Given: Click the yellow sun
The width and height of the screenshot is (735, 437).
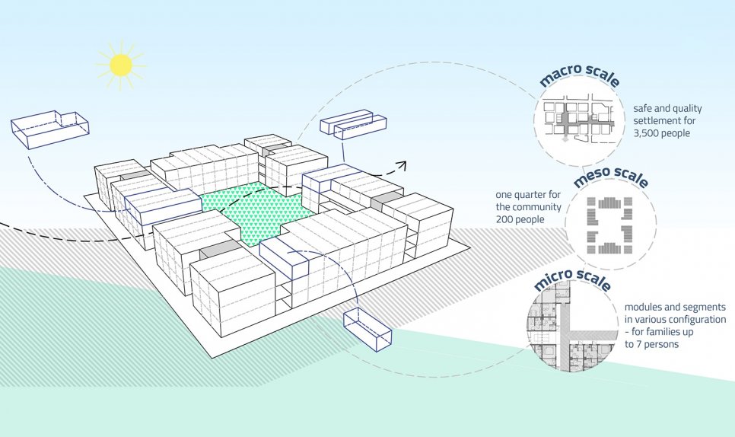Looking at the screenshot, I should [121, 65].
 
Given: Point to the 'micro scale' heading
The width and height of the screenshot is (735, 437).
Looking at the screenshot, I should [572, 279].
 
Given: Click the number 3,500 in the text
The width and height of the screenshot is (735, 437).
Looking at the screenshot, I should [648, 133].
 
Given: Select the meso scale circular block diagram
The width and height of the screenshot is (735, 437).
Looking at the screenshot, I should [610, 225].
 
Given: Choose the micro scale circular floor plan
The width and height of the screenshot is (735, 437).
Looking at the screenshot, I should [571, 327].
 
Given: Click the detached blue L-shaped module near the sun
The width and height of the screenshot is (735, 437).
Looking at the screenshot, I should [49, 128].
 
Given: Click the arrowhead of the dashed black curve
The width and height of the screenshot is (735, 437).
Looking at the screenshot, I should [402, 165].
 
